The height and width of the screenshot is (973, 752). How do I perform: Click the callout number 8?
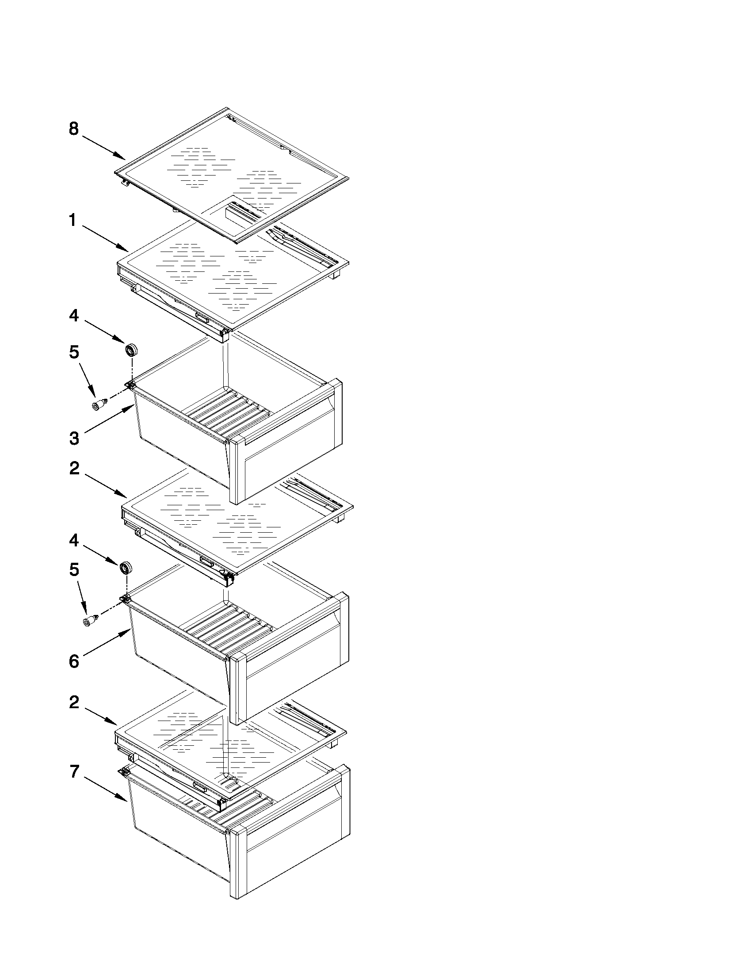(73, 129)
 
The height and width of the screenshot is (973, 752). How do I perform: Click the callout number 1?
(73, 220)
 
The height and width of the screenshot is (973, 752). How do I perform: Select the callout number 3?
(74, 439)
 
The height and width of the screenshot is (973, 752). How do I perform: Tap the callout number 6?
(74, 661)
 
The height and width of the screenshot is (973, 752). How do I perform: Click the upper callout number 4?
(73, 316)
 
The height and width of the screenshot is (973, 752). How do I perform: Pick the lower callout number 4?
(73, 541)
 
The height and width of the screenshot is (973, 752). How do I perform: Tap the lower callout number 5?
(74, 570)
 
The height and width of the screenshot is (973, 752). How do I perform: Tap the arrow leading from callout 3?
(109, 418)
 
